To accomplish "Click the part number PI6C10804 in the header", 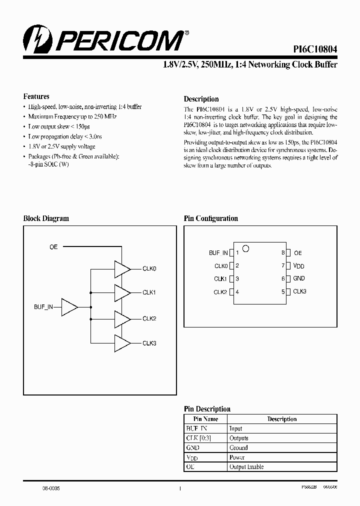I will tap(315, 49).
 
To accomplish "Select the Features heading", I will tap(36, 96).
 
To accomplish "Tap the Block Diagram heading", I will tap(46, 218).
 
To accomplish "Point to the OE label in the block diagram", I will tap(53, 247).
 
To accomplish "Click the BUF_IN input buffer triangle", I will tap(69, 307).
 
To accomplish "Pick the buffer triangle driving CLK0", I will tap(122, 269).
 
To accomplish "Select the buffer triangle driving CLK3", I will tap(122, 343).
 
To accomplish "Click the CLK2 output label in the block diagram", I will tap(149, 318).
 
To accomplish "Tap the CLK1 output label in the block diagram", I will tap(149, 292).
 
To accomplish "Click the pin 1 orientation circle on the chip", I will tap(245, 248).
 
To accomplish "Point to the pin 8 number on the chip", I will tap(283, 253).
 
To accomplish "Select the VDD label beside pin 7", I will tap(298, 266).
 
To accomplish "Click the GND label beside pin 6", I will tap(299, 278).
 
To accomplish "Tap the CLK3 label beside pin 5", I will tap(299, 291).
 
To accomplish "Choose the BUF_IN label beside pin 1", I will tap(218, 253).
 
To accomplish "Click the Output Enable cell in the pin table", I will tap(246, 467).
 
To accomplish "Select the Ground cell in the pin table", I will tap(238, 448).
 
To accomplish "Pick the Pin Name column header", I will tap(206, 419).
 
